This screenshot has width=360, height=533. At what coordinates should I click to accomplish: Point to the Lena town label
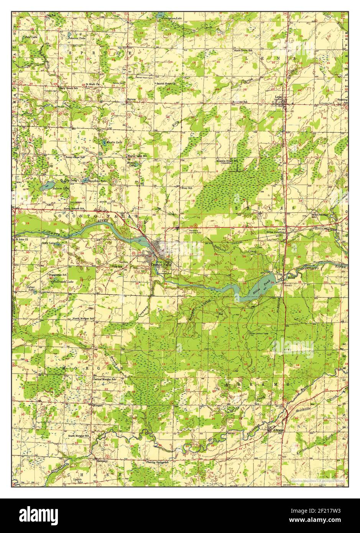(279, 97)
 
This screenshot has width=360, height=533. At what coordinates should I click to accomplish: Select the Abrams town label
(278, 430)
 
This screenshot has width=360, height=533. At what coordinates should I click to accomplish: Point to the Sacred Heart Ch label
(166, 83)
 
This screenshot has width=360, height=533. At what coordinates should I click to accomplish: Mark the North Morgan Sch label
(84, 319)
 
